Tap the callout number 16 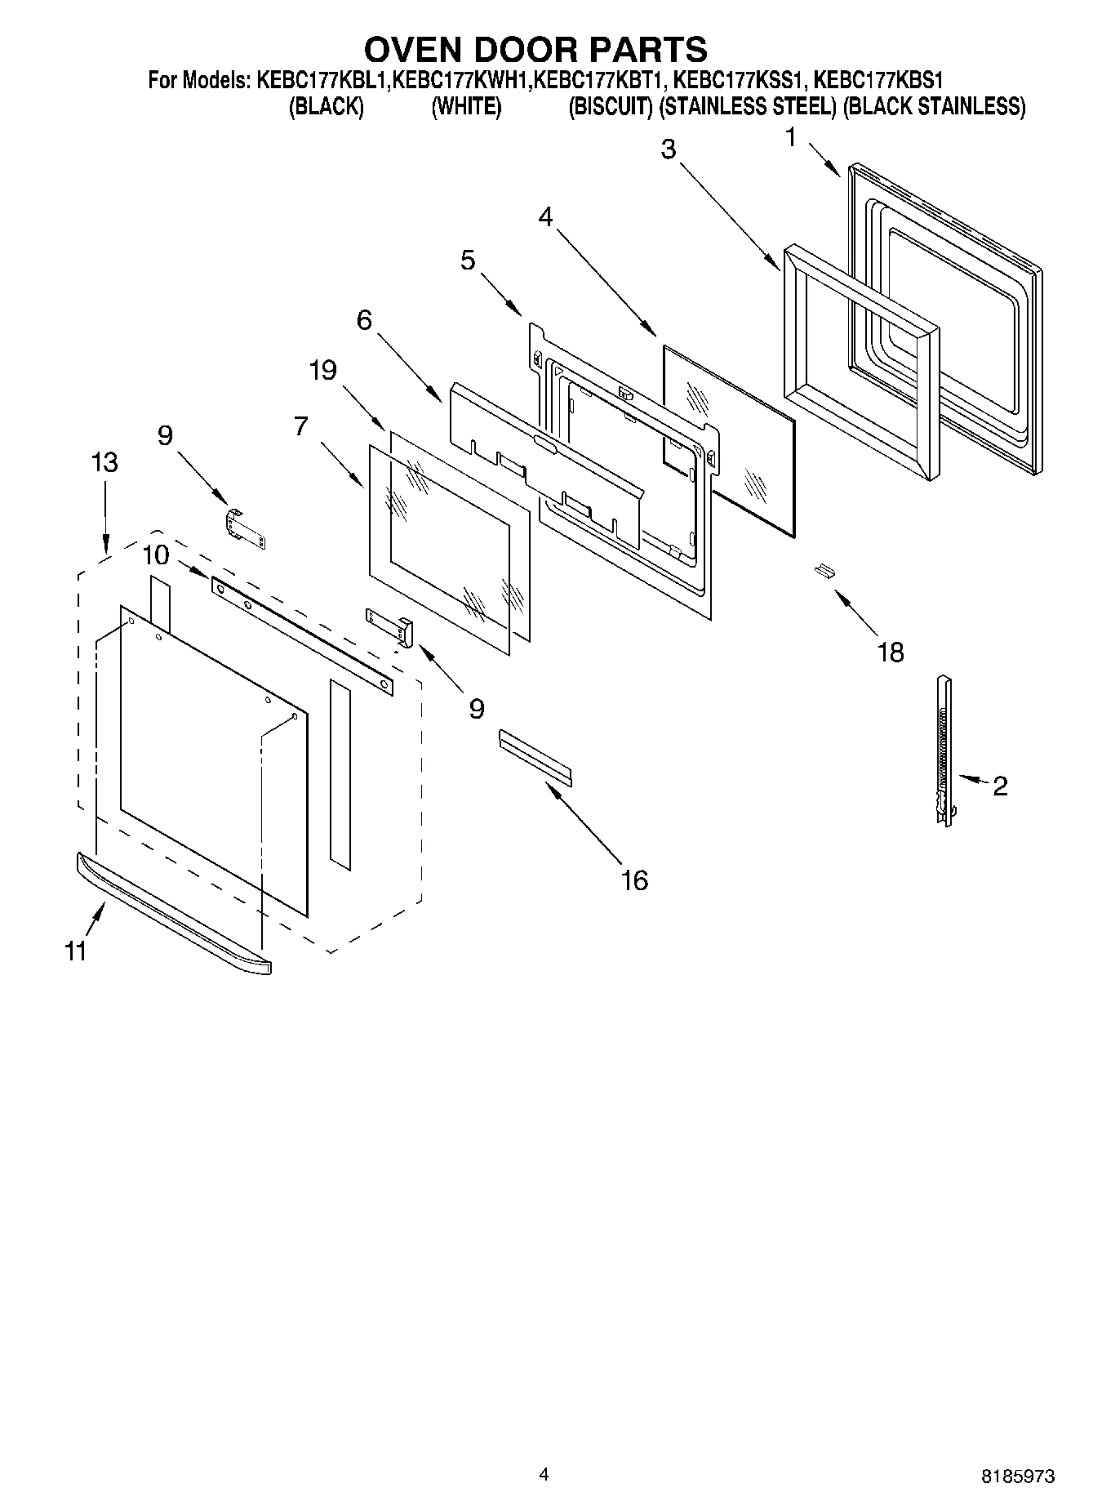[x=634, y=880]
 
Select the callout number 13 [x=104, y=462]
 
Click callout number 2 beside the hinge [x=1000, y=786]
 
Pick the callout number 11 [x=76, y=951]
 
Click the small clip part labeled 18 [x=824, y=570]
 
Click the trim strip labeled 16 [x=535, y=757]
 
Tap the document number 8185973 [x=1017, y=1476]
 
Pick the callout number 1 [x=790, y=138]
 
